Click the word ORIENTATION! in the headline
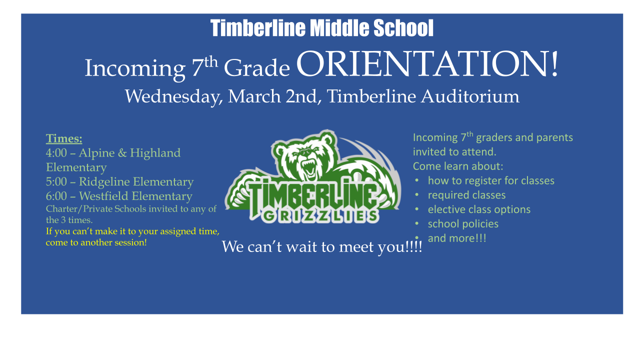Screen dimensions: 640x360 427,64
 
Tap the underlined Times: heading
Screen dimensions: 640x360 64,138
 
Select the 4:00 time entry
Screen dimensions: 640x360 56,153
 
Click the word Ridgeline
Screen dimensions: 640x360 104,181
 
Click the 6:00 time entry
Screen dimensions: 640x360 56,196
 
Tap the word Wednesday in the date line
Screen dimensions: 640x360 173,96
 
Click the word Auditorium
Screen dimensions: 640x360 470,96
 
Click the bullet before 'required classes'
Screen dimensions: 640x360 417,194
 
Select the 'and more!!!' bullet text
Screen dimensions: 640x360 457,238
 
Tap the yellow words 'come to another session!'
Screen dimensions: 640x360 96,242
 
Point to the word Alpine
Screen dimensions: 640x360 96,153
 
